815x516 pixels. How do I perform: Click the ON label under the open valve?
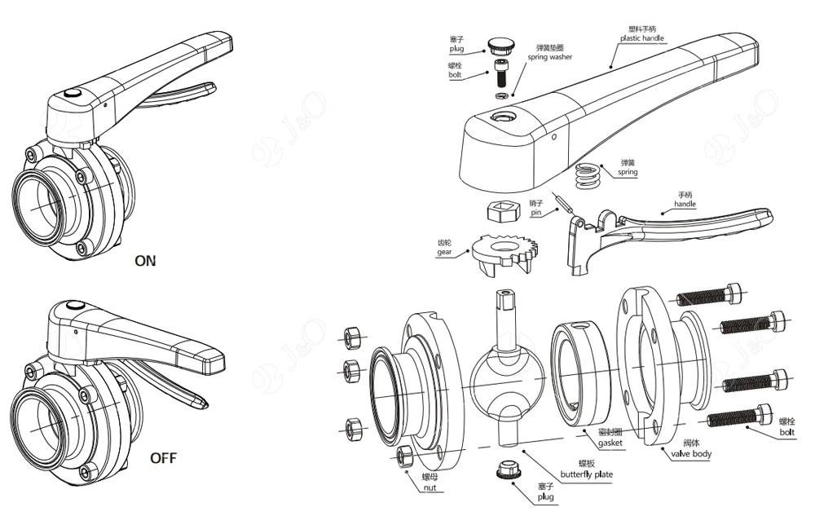coord(145,261)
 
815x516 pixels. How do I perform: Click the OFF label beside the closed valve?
coord(163,458)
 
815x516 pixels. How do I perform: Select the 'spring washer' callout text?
coord(549,57)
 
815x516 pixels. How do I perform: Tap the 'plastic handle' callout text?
coord(642,38)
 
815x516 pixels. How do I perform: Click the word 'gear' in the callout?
coord(444,252)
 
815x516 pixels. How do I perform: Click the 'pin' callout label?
coord(536,213)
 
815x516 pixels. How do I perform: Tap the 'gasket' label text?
coord(610,443)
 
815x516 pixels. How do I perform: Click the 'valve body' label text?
coord(691,454)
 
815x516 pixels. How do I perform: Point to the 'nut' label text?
coord(430,487)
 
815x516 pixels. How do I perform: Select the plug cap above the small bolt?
coord(499,45)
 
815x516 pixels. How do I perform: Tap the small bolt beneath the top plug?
coord(500,75)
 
